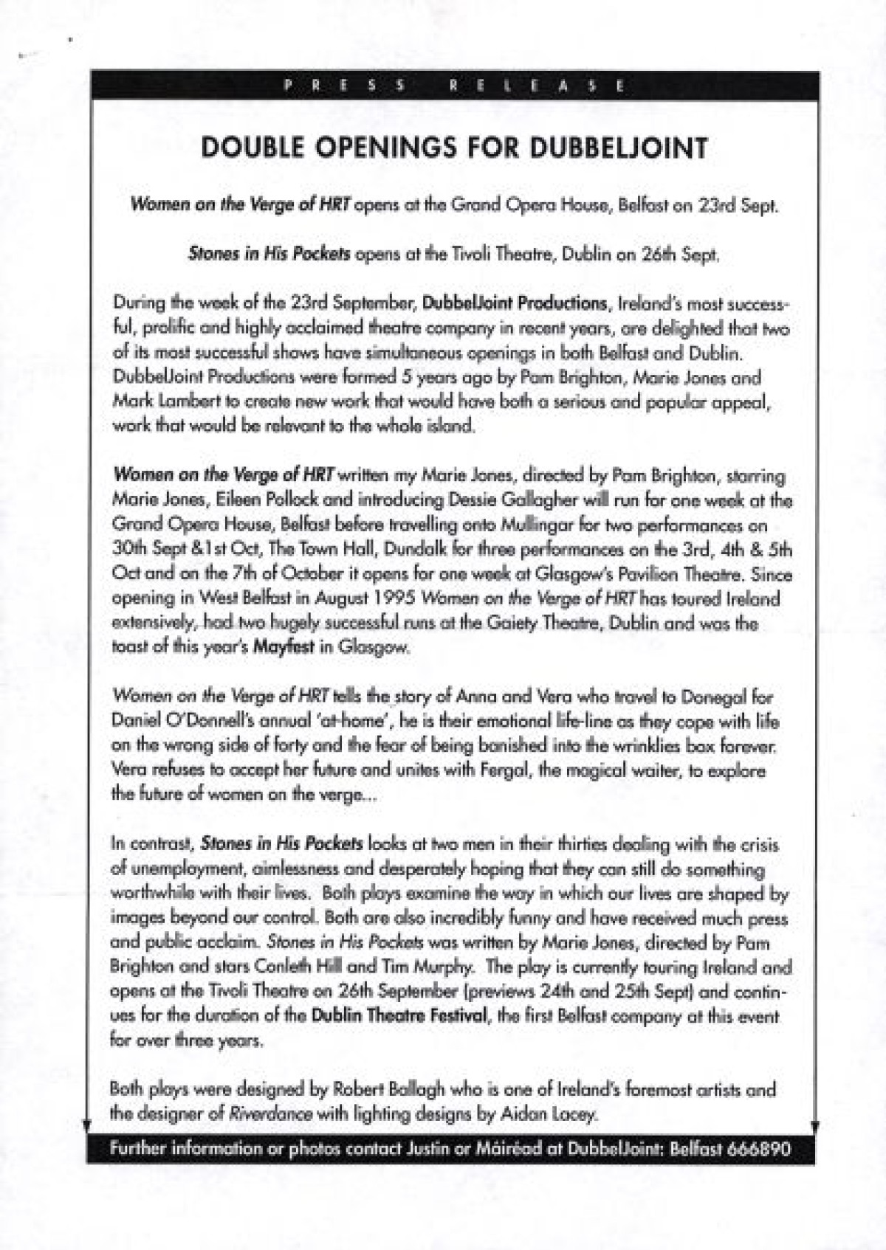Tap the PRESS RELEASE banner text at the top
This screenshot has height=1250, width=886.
(x=454, y=86)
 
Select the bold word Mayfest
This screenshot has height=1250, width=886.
(x=284, y=647)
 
